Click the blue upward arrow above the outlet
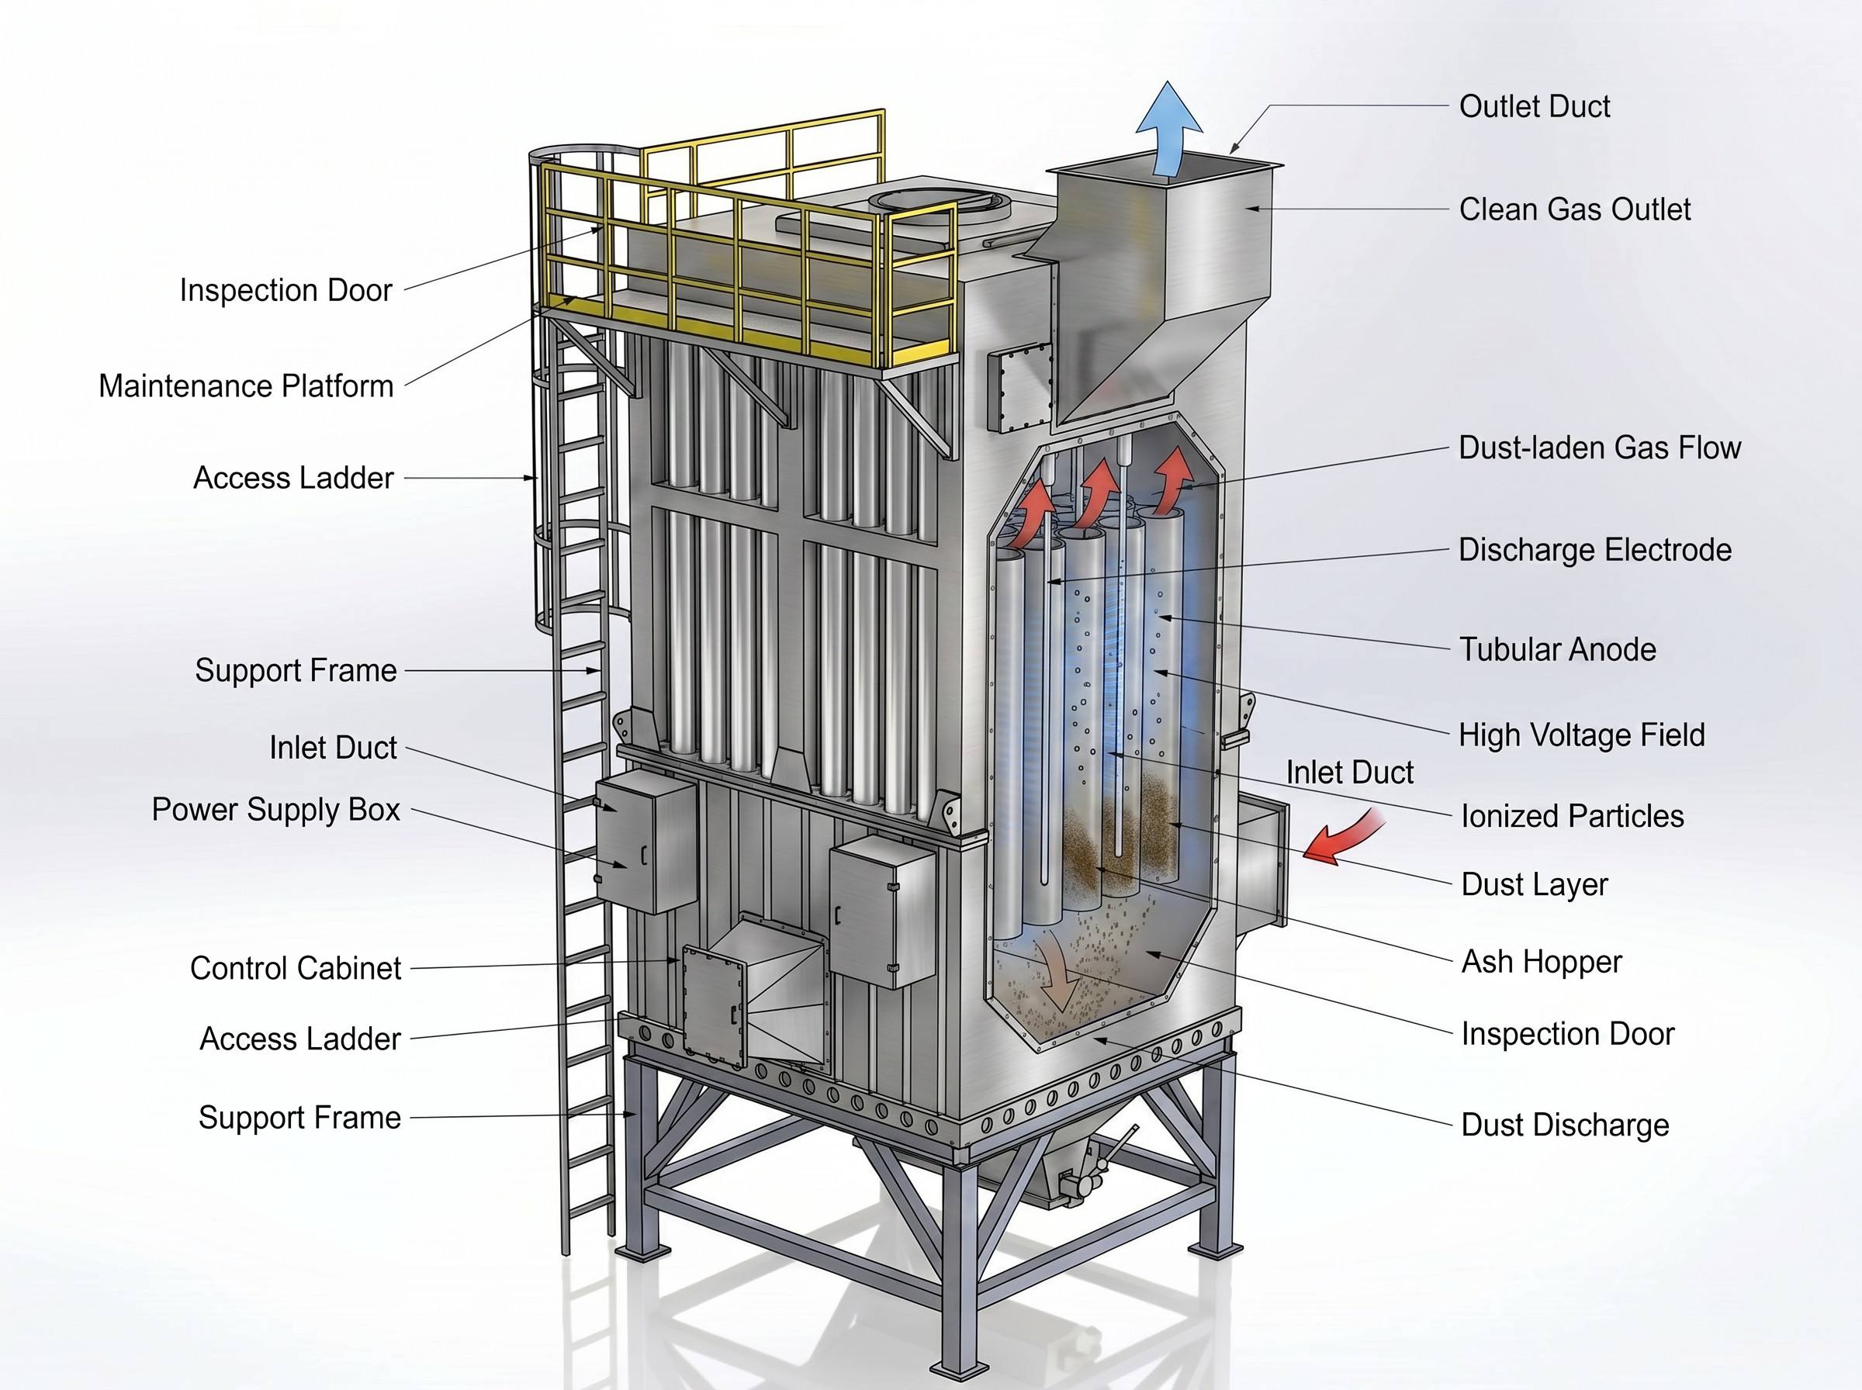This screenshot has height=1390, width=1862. point(1168,130)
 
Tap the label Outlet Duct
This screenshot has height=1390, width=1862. point(1534,107)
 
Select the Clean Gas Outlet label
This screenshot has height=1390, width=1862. point(1574,209)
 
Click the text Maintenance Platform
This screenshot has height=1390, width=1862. point(246,386)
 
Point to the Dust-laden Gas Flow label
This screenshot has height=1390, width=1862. point(1600,448)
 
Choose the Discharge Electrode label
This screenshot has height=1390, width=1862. point(1594,550)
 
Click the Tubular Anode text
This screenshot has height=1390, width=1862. point(1557,649)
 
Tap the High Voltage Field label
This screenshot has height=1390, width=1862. point(1581,735)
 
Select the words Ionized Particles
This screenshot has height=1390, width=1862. point(1573,816)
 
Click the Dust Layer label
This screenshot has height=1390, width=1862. point(1534,884)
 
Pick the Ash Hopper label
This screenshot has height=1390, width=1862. point(1542,962)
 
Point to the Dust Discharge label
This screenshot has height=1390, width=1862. point(1565,1125)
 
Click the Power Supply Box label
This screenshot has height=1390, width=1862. point(276,810)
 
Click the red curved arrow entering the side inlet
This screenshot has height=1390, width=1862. point(1344,836)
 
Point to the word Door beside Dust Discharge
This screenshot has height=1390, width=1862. point(1636,1034)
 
